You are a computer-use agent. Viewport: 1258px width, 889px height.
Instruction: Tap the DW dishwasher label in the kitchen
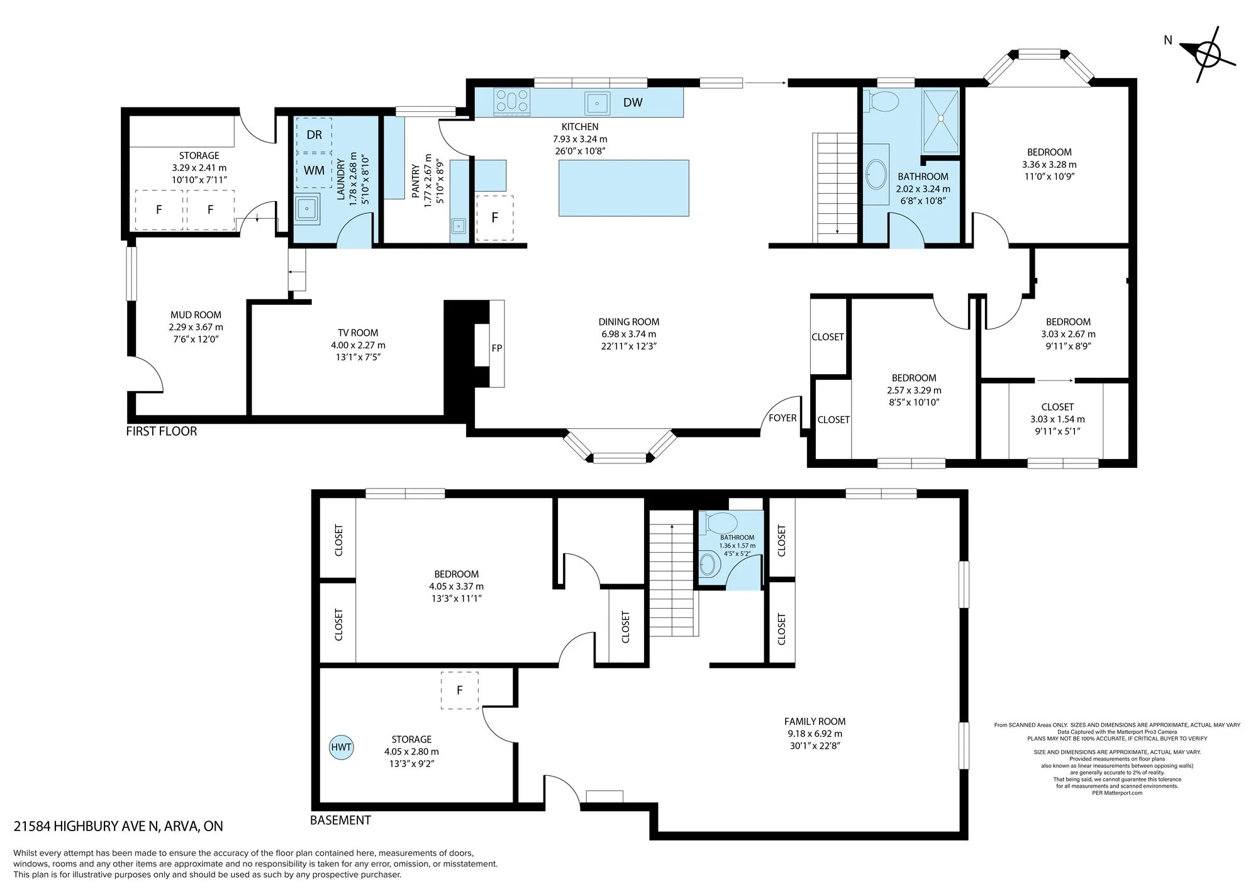(x=633, y=102)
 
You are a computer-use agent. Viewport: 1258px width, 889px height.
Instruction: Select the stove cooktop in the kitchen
(x=512, y=101)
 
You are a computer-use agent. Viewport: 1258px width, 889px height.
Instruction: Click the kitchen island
(x=624, y=188)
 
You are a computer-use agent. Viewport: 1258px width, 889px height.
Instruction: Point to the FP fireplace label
(x=497, y=348)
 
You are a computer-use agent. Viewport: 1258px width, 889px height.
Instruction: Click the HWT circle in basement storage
(x=342, y=747)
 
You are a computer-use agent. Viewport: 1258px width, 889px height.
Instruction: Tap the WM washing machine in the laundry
(x=314, y=170)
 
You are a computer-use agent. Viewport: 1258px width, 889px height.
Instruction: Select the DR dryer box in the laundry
(x=314, y=135)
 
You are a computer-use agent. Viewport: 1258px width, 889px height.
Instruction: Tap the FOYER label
(x=782, y=418)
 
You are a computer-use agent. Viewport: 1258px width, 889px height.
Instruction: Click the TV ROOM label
(x=358, y=333)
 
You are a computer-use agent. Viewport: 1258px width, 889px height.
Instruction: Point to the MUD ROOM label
(x=196, y=315)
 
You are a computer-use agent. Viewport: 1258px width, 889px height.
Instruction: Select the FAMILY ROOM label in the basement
(x=815, y=722)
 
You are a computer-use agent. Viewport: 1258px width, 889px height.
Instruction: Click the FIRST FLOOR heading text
(x=162, y=431)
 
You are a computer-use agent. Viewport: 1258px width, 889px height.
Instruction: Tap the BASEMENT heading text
(x=340, y=820)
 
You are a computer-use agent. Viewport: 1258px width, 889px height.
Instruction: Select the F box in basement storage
(x=460, y=690)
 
